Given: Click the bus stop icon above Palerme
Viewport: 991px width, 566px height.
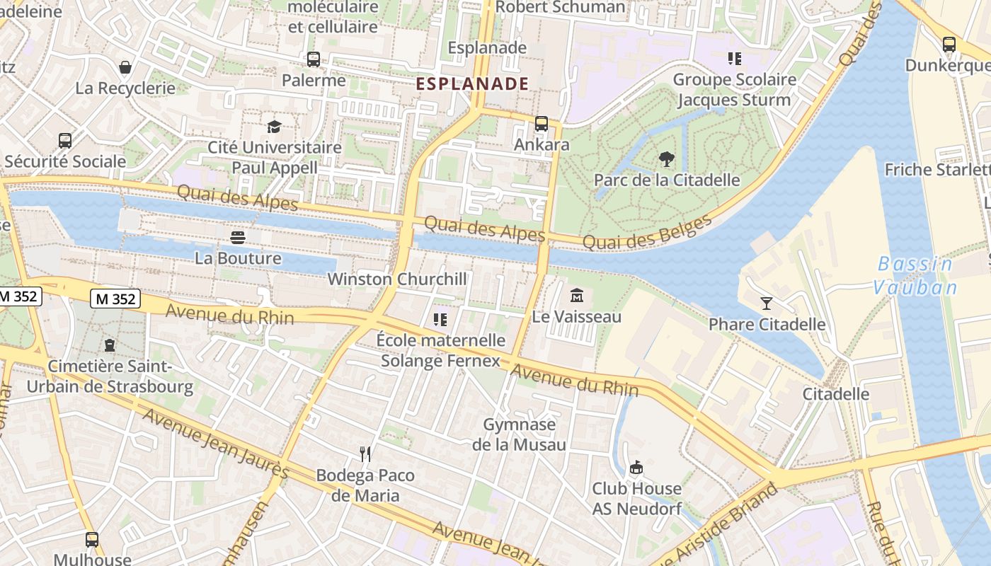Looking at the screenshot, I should point(313,59).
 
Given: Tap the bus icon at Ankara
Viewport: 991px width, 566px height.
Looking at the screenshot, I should point(542,124).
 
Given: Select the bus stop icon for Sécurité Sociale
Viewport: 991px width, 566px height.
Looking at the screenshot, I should point(65,141).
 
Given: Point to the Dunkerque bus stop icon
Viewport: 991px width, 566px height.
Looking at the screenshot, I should point(949,45).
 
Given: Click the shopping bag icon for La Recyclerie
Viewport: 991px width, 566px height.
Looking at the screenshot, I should point(125,67).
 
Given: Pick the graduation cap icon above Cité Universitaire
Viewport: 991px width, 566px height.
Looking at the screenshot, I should point(274,127).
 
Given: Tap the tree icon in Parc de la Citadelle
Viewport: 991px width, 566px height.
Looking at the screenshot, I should point(666,158).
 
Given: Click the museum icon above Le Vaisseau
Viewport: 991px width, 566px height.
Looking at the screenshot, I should point(577,295).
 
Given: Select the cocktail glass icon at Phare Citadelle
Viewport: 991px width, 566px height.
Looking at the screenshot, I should point(767,304).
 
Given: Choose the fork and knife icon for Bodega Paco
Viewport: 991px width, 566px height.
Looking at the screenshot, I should point(365,454).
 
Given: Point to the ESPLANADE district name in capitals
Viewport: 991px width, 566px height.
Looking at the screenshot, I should point(472,83).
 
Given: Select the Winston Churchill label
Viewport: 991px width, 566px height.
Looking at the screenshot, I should point(397,279).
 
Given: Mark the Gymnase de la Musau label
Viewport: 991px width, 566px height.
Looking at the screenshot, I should point(520,434).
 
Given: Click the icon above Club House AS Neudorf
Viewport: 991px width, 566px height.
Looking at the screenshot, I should point(636,468).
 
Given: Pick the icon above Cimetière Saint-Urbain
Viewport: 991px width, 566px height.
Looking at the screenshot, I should point(110,345).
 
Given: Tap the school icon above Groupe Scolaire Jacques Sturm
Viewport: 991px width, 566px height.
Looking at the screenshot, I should point(734,58).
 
